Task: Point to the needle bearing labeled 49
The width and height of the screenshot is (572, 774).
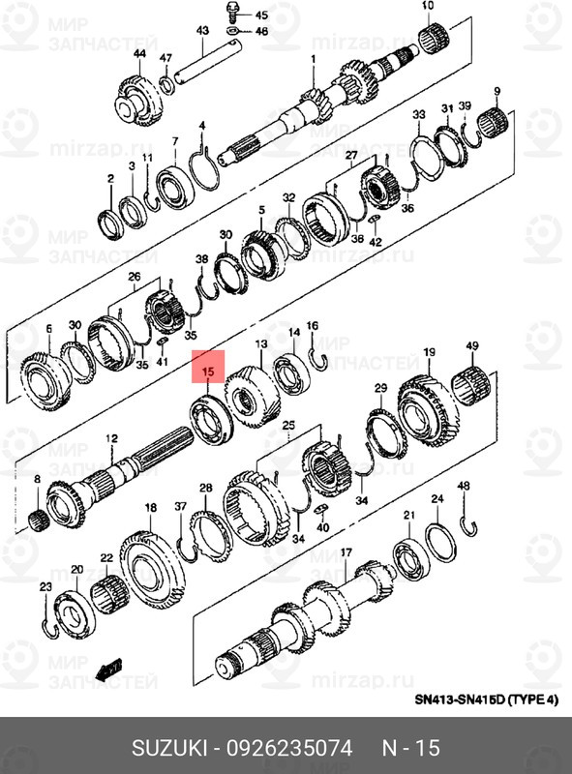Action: point(470,386)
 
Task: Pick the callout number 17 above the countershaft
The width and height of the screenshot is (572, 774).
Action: point(345,552)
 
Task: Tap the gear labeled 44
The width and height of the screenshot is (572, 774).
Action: point(139,100)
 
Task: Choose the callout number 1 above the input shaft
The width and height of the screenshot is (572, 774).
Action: point(314,60)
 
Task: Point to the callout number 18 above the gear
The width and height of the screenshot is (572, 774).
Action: point(150,508)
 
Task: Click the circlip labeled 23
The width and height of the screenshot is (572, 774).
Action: point(48,628)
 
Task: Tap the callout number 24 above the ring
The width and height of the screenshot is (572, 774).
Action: point(437,499)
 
